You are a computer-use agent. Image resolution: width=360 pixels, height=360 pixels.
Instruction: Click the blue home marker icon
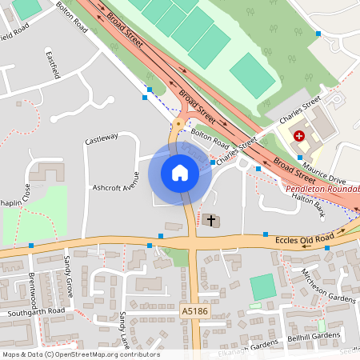[x=179, y=172]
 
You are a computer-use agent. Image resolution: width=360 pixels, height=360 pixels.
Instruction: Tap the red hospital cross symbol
[x=299, y=136]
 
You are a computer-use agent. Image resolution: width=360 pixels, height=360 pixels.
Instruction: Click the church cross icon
[x=211, y=220]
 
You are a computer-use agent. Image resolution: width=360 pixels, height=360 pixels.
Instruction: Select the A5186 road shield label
[x=195, y=310]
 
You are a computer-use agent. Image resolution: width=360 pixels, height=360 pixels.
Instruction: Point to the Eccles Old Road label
[x=303, y=238]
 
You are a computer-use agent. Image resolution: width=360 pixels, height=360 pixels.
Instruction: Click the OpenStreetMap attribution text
[x=80, y=354]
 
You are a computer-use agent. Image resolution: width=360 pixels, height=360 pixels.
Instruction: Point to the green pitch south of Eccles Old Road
[x=262, y=287]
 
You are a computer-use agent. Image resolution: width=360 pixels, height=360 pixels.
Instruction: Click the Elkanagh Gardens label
[x=244, y=347]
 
